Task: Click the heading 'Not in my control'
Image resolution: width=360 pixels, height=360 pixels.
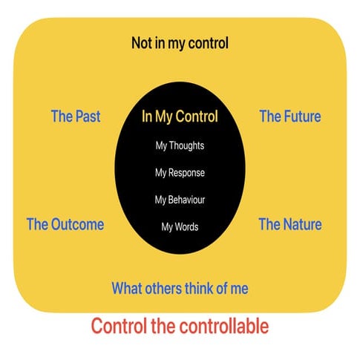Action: (180, 43)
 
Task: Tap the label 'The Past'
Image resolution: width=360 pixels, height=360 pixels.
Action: (75, 117)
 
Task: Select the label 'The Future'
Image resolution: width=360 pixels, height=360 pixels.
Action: (289, 117)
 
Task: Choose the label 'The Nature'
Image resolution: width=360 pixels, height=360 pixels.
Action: (289, 224)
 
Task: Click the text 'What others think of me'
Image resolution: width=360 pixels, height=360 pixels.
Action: (180, 288)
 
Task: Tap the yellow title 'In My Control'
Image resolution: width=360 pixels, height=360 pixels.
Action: (180, 117)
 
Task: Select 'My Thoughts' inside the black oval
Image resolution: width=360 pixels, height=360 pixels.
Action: (180, 145)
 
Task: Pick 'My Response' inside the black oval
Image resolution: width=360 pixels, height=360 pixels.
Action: (180, 172)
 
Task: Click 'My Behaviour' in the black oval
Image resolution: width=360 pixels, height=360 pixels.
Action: (180, 200)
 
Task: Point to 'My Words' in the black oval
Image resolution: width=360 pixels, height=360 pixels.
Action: (180, 226)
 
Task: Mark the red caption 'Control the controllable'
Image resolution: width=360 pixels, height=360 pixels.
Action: (180, 325)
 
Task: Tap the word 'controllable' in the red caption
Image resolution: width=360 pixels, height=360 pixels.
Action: (225, 325)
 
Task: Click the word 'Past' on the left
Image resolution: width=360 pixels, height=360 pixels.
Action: (87, 117)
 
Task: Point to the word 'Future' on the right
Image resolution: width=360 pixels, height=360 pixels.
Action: (301, 117)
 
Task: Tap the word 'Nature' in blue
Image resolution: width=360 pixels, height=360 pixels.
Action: (301, 224)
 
